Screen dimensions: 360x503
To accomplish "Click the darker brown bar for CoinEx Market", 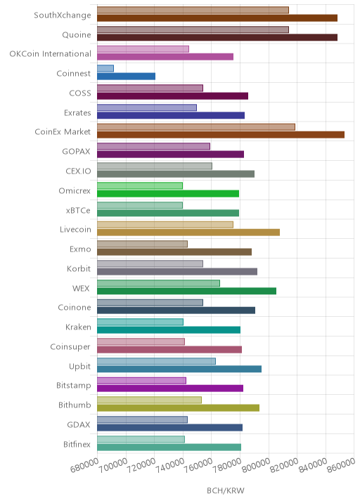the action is (x=221, y=135).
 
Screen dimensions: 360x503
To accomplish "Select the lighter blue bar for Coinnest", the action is (x=105, y=68).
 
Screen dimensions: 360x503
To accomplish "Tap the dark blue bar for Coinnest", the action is (x=126, y=76).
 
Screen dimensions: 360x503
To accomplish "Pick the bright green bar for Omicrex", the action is (x=168, y=193).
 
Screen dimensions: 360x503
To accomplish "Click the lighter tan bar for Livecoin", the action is (x=165, y=225).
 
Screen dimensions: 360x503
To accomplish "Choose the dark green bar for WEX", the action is (x=186, y=291).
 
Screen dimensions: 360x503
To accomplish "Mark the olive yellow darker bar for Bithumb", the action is (x=178, y=407).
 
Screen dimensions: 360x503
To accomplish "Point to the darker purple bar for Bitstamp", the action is (x=170, y=388).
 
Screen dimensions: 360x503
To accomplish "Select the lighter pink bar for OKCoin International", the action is (x=143, y=48).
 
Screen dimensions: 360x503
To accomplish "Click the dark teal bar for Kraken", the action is (x=169, y=329).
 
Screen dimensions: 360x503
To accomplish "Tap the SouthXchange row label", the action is (x=63, y=15).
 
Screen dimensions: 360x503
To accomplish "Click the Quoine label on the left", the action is (x=77, y=34).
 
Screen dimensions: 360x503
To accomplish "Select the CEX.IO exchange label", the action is (x=78, y=171).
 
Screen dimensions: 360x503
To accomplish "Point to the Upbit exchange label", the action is (x=79, y=366).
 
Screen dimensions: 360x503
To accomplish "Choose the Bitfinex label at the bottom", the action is (x=77, y=444).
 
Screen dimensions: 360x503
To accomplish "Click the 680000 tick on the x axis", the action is (x=84, y=465).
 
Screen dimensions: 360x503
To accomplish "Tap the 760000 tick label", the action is (x=198, y=465).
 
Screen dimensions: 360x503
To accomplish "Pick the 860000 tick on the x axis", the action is (x=341, y=465).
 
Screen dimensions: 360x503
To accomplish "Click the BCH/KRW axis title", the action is (x=226, y=490).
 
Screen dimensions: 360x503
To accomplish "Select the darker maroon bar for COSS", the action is (x=172, y=96).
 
